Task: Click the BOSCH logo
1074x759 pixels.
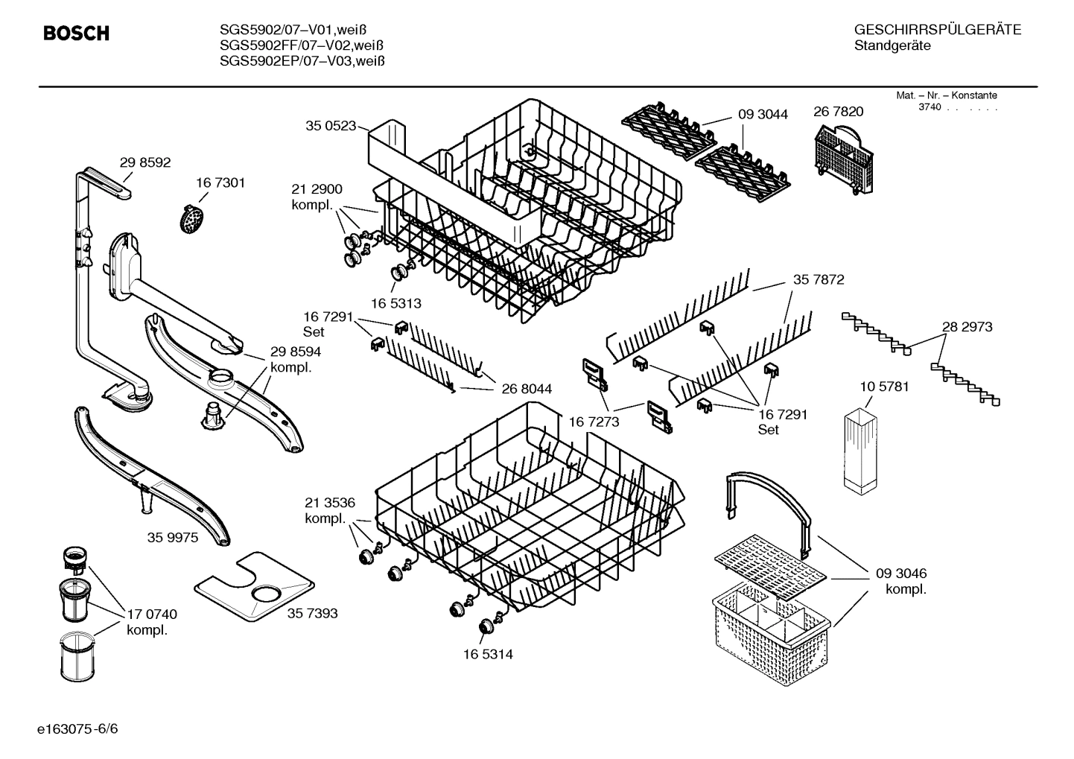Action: click(x=76, y=34)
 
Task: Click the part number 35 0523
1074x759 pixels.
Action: click(x=331, y=126)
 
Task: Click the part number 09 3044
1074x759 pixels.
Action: click(x=763, y=114)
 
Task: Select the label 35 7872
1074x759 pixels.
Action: click(x=819, y=279)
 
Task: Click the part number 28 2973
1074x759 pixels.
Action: click(x=967, y=326)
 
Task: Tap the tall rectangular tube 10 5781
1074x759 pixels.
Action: click(x=862, y=451)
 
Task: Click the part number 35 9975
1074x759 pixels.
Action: click(x=173, y=537)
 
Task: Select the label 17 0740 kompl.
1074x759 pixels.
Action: click(x=151, y=622)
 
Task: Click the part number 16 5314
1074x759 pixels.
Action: click(x=487, y=654)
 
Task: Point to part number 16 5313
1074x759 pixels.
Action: click(x=396, y=303)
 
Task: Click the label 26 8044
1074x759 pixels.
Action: click(x=527, y=388)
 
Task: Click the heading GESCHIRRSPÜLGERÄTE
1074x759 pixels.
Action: click(x=937, y=30)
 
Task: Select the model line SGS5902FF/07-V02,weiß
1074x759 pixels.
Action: click(x=302, y=45)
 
